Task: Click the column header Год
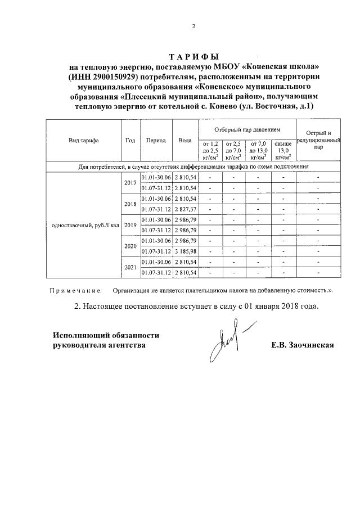click(x=130, y=141)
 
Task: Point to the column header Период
click(x=155, y=141)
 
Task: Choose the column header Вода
click(x=184, y=141)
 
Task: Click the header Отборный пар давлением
click(x=248, y=129)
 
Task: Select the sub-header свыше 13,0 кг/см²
click(x=283, y=151)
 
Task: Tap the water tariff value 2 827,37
click(x=185, y=209)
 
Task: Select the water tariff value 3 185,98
click(x=185, y=251)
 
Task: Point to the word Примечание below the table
click(x=75, y=292)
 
